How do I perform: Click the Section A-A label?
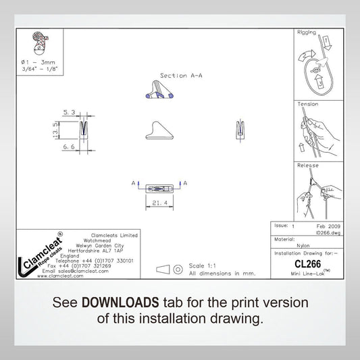(x=180, y=76)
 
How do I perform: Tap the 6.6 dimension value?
(x=69, y=147)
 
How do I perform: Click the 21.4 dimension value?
(x=159, y=202)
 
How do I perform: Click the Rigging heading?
(x=307, y=32)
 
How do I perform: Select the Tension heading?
(x=308, y=104)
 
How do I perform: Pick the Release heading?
(x=308, y=165)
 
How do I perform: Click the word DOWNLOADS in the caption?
(x=120, y=302)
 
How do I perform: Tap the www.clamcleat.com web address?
(x=60, y=276)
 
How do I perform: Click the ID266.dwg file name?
(x=327, y=230)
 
